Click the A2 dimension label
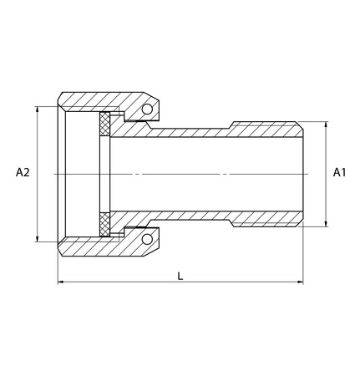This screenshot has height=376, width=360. [23, 173]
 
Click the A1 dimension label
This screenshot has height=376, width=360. [340, 173]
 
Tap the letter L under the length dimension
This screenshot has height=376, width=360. [180, 275]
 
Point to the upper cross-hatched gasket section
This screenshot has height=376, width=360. [104, 124]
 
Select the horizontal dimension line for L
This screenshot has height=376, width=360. [125, 283]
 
